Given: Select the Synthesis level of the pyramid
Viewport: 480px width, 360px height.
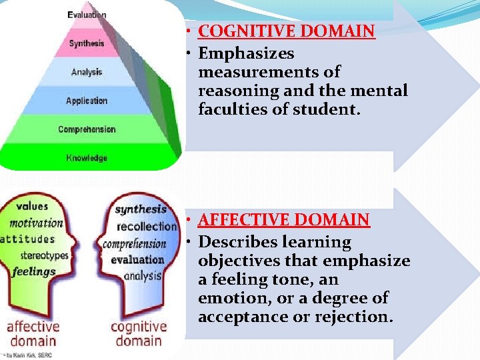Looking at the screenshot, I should tap(87, 43).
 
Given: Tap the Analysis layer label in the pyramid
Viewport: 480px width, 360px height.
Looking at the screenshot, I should tap(87, 72).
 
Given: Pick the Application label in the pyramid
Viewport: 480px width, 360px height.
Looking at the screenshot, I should tap(87, 101).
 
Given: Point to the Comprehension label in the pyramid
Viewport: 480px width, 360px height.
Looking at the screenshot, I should tap(87, 129).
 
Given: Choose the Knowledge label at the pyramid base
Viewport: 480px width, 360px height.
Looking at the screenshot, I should tap(87, 158).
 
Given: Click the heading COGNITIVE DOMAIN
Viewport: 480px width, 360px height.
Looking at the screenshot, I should tap(287, 31).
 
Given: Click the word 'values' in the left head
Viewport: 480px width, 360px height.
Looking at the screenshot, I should tap(33, 207).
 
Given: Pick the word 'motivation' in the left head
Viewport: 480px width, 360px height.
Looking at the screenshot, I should tap(36, 223).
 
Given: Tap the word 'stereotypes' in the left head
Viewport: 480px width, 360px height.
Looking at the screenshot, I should tap(44, 255).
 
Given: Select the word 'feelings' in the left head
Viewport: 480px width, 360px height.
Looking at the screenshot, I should tap(33, 271).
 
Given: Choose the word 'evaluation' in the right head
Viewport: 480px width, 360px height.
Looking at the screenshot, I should tap(137, 259).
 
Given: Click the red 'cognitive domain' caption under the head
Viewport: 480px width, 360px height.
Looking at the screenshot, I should tap(139, 334).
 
